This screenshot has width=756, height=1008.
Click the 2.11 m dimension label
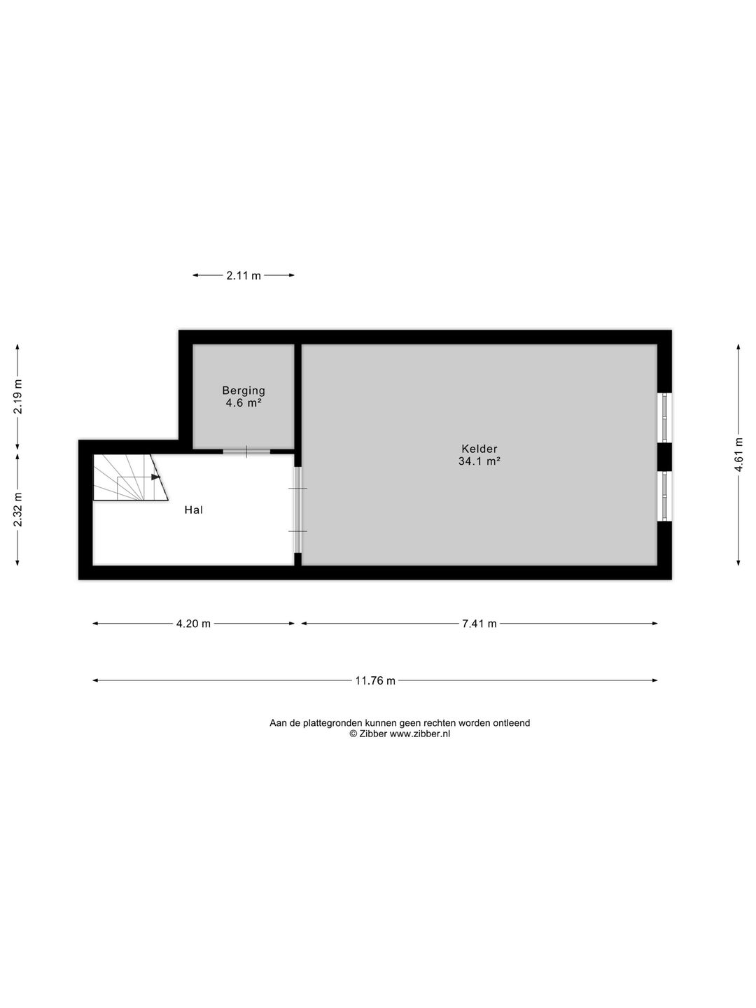click(x=244, y=276)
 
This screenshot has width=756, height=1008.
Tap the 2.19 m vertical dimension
click(x=18, y=397)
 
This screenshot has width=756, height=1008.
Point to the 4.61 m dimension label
click(x=738, y=454)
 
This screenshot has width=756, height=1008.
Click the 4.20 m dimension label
click(x=193, y=624)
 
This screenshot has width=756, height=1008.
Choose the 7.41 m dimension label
click(x=479, y=624)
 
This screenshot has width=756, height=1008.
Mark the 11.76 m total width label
click(x=375, y=680)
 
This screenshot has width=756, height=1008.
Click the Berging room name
click(x=244, y=391)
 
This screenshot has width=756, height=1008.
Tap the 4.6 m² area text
click(x=244, y=403)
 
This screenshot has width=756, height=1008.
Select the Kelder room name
click(x=479, y=449)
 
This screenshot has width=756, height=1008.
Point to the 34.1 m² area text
click(x=479, y=461)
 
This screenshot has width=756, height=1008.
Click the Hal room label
click(x=193, y=510)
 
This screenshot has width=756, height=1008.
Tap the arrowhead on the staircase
click(x=156, y=477)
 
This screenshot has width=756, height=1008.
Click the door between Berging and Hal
click(x=246, y=451)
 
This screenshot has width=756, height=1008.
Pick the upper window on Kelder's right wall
click(x=664, y=418)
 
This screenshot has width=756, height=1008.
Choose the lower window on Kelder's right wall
click(x=664, y=496)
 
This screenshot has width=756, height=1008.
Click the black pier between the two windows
click(x=664, y=457)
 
